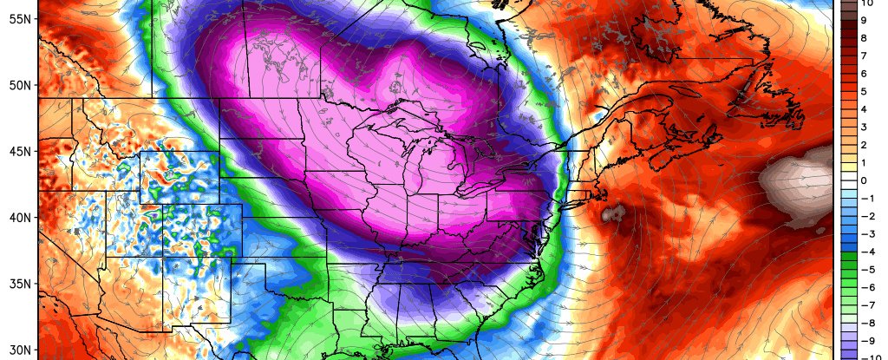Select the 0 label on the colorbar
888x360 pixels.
pyautogui.click(x=863, y=180)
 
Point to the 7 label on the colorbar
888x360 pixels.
pyautogui.click(x=863, y=56)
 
